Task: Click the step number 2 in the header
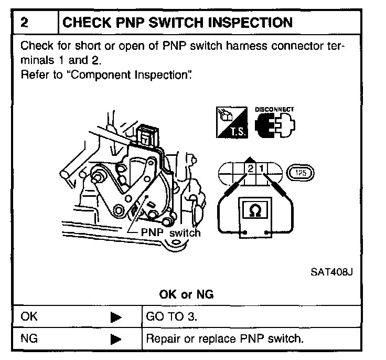pyautogui.click(x=24, y=23)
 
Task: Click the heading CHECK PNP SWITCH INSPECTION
pyautogui.click(x=177, y=23)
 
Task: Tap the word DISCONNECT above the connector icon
pyautogui.click(x=274, y=110)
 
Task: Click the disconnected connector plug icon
pyautogui.click(x=274, y=126)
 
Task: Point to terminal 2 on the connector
pyautogui.click(x=250, y=170)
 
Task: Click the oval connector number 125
pyautogui.click(x=300, y=172)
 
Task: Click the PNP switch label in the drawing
pyautogui.click(x=170, y=232)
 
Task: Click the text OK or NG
pyautogui.click(x=186, y=294)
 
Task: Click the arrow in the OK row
pyautogui.click(x=116, y=317)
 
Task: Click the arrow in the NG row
pyautogui.click(x=116, y=339)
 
